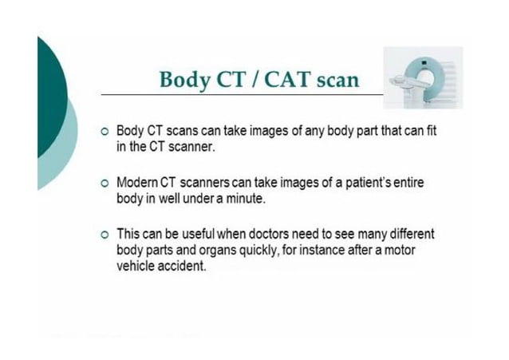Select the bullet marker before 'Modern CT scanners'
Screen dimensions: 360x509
[x=104, y=184]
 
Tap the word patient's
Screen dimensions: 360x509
[x=368, y=183]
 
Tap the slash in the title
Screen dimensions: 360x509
[x=262, y=80]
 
